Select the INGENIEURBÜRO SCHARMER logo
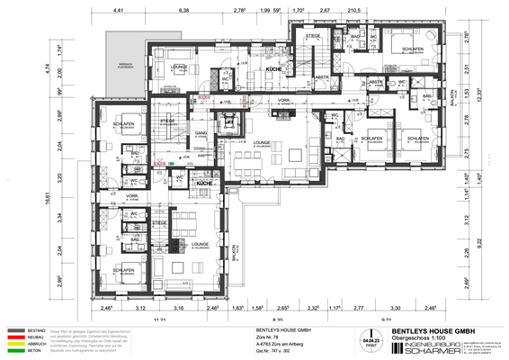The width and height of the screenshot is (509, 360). coord(422,348)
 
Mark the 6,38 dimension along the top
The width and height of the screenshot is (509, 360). coord(183,10)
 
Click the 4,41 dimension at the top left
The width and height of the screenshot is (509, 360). coord(117,10)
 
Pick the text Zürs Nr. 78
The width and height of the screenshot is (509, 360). coord(260,337)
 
